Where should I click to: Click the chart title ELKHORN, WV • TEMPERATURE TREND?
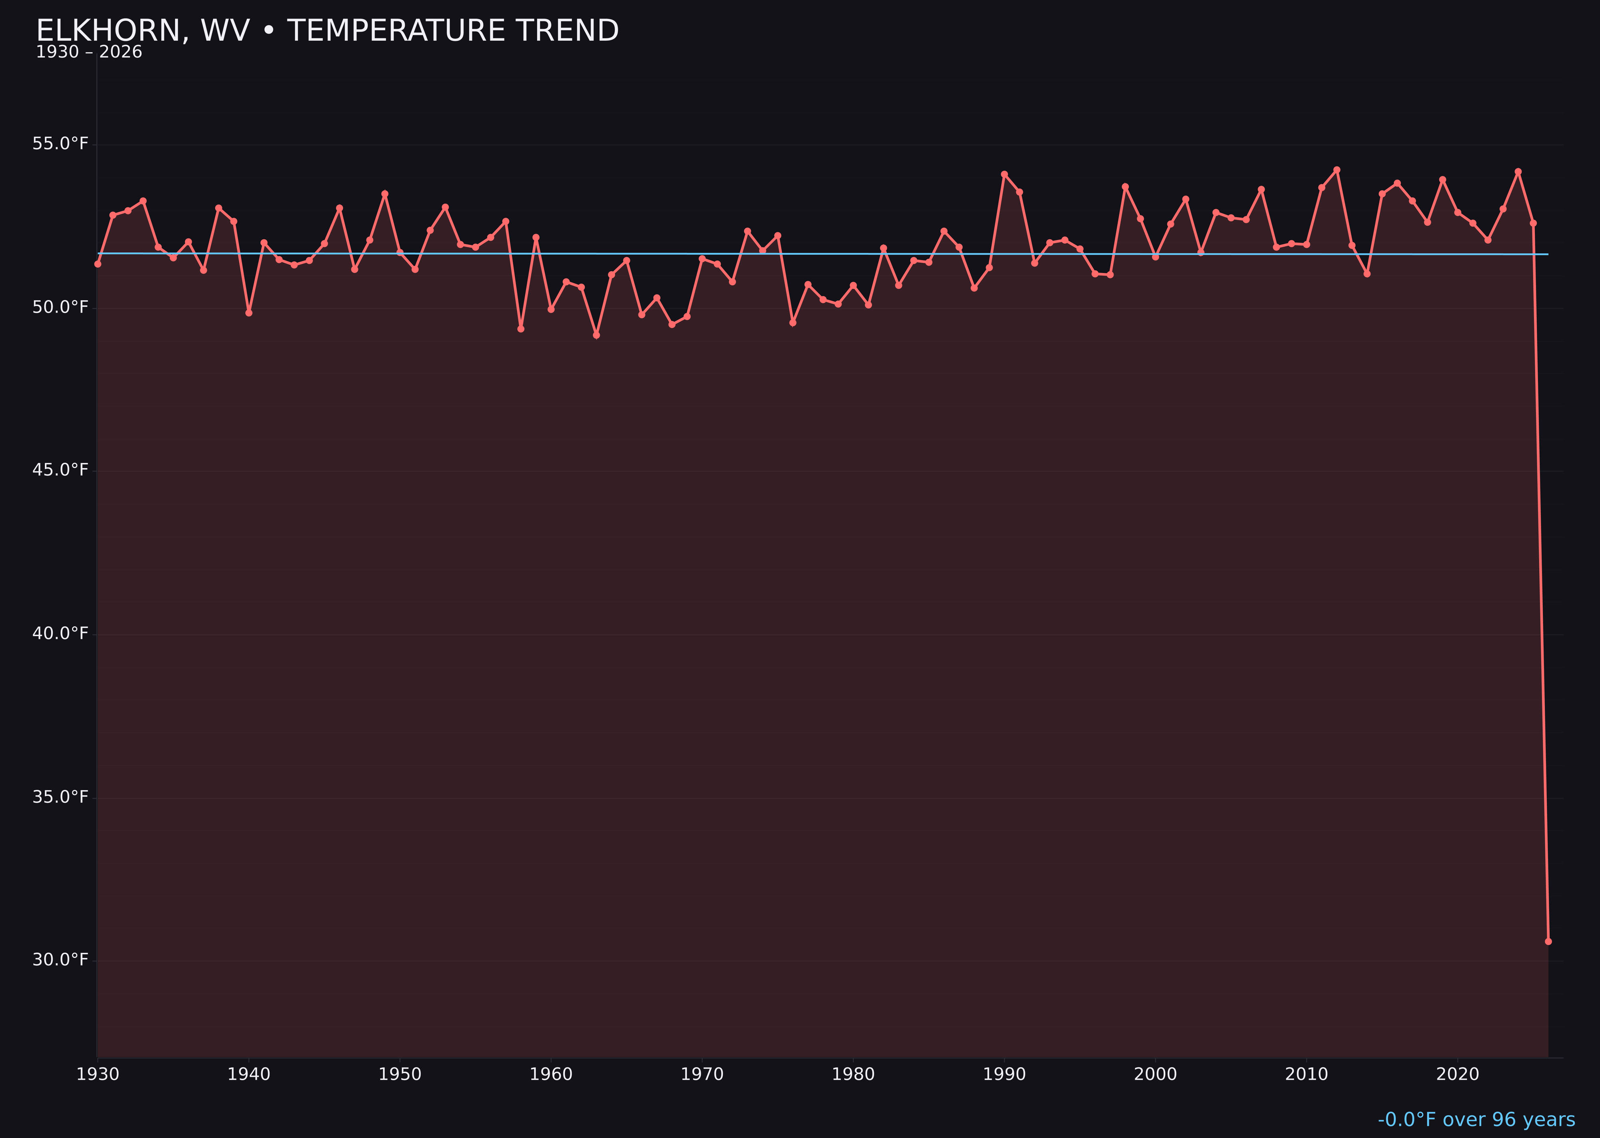327,31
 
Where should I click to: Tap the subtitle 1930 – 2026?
89,52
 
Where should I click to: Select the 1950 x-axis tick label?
400,1075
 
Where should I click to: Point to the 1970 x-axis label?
702,1075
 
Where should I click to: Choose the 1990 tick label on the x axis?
1004,1075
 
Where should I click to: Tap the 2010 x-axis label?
1306,1075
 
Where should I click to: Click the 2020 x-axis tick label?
1458,1075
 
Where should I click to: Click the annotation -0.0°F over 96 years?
1476,1120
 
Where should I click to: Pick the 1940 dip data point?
249,313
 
